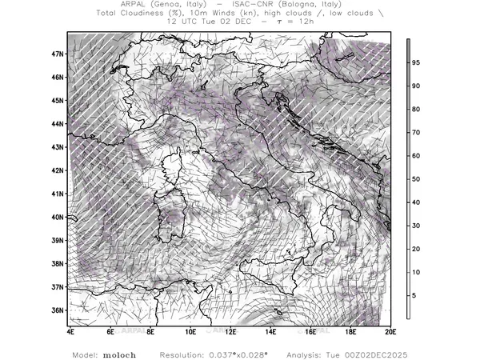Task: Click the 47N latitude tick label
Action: click(58, 54)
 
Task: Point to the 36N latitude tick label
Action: click(58, 310)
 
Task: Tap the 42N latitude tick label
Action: click(58, 170)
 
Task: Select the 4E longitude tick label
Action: click(70, 330)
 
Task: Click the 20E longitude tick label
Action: click(390, 330)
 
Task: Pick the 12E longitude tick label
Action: click(230, 330)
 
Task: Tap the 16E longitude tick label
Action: click(310, 330)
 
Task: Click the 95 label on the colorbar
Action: click(417, 62)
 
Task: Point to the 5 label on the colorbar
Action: click(414, 296)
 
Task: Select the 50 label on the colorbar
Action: click(417, 179)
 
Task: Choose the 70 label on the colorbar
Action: click(417, 132)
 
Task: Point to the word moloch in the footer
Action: click(120, 352)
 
